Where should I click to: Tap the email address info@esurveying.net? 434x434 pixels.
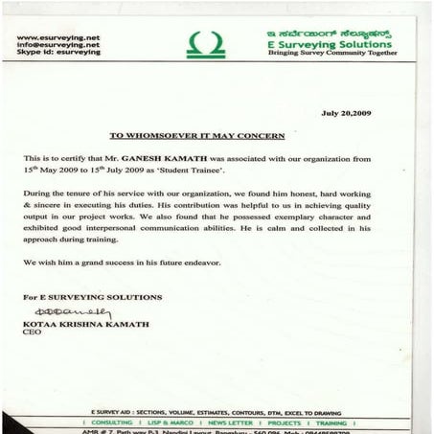pos(58,45)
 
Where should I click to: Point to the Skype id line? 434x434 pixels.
pos(57,53)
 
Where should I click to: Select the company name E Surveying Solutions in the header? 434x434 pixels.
pos(330,45)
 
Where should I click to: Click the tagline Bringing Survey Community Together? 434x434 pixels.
pos(330,55)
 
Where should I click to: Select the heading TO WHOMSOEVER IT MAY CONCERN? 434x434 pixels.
pos(217,136)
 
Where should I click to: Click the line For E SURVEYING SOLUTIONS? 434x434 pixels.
pos(93,297)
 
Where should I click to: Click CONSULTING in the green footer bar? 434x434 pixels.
pos(111,423)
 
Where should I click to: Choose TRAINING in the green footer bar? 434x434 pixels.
pos(331,423)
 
